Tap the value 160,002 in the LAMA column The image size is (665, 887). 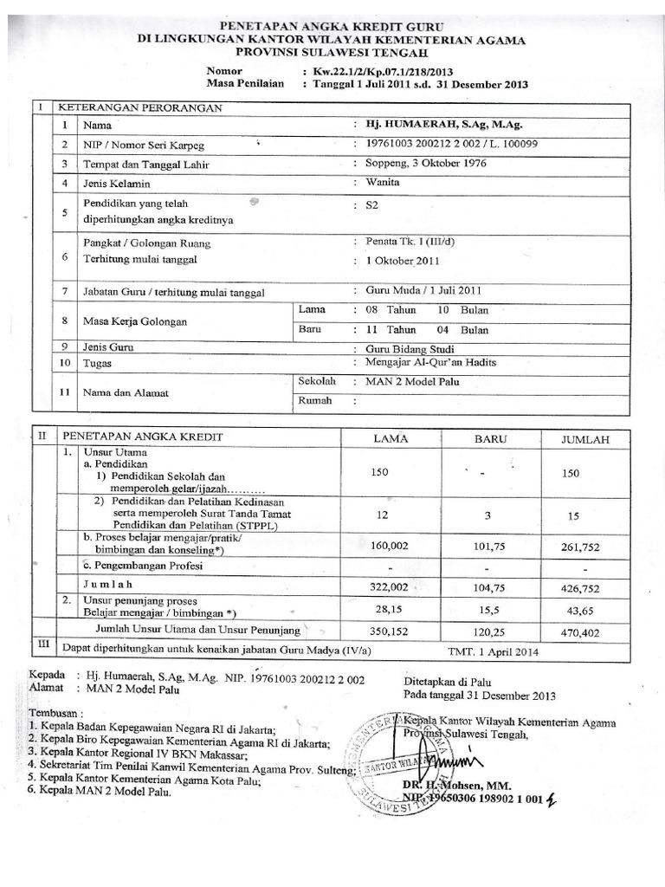(x=390, y=546)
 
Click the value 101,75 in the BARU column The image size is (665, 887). (x=488, y=546)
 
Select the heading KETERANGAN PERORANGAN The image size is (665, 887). (x=139, y=107)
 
